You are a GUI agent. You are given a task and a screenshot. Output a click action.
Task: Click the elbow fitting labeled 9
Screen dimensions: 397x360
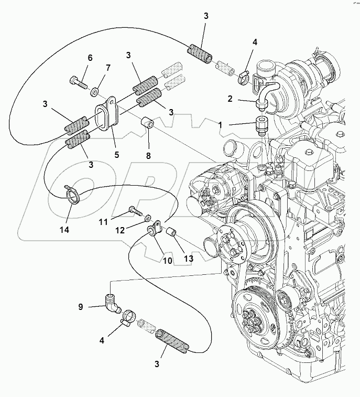pos(112,304)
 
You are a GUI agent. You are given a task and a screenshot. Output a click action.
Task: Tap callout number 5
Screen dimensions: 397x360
pos(117,155)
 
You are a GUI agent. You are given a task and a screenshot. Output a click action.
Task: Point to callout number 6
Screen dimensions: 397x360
pos(90,58)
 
